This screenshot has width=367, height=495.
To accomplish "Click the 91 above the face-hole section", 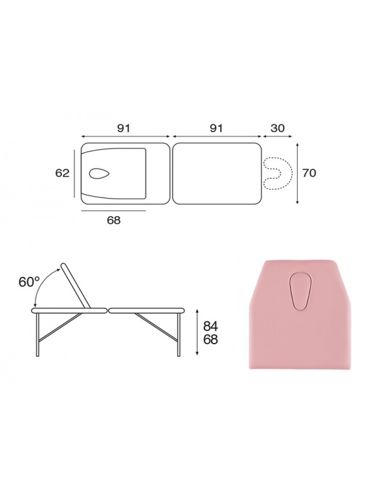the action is (x=124, y=128).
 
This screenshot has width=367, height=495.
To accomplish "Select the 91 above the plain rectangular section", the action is (x=216, y=128).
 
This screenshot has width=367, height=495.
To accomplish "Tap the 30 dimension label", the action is (x=278, y=128).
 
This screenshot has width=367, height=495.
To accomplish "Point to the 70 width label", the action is (x=309, y=173).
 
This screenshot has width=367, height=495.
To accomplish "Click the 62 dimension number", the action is (x=62, y=173).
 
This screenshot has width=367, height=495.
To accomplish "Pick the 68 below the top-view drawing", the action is (x=114, y=220).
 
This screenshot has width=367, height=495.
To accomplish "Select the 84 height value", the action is (x=210, y=326).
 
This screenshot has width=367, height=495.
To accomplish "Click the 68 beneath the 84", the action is (x=210, y=340).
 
